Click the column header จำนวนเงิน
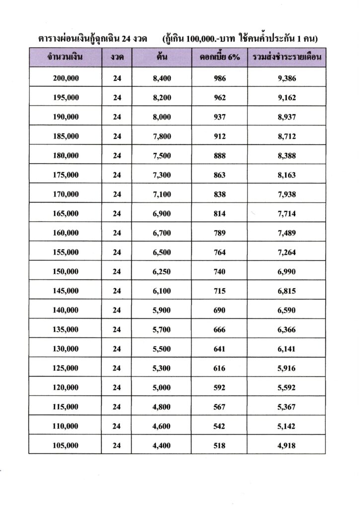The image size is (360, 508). tap(65, 59)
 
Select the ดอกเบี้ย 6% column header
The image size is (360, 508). tap(219, 59)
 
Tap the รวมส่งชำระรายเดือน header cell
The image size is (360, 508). tap(287, 59)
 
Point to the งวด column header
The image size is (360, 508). tap(117, 59)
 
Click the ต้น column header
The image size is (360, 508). tap(162, 59)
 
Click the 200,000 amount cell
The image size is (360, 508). tap(65, 78)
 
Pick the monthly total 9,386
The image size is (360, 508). tap(287, 78)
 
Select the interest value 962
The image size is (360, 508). tap(219, 98)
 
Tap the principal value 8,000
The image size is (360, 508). tap(162, 117)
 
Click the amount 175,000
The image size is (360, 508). tap(65, 175)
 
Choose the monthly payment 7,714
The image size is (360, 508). tap(287, 214)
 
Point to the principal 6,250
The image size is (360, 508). tap(162, 272)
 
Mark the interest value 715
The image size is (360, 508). tap(219, 291)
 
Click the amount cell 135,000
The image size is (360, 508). tap(65, 330)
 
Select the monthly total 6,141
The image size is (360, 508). tap(287, 349)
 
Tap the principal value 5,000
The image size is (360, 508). tap(162, 388)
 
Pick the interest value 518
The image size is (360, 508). tap(219, 446)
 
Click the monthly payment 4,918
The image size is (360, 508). tap(287, 446)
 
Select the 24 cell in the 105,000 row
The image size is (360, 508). tap(117, 446)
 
